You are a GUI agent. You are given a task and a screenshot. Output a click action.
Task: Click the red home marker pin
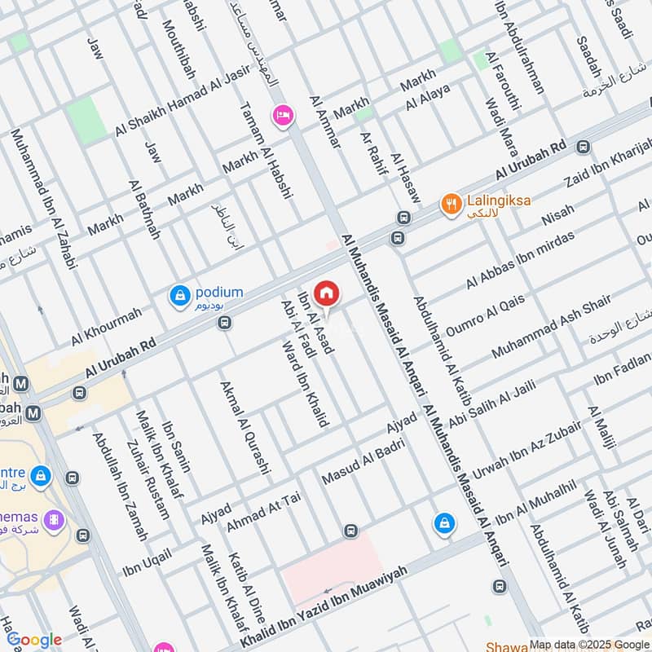(x=327, y=293)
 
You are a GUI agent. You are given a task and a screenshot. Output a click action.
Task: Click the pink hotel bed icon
(x=284, y=117)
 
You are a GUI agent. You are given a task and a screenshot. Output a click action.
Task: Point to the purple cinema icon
(x=54, y=519)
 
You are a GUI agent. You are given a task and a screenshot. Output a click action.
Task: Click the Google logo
(x=34, y=640)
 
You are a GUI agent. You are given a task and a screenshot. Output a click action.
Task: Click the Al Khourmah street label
(x=106, y=325)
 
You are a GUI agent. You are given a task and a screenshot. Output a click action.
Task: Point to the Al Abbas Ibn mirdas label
(x=520, y=260)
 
